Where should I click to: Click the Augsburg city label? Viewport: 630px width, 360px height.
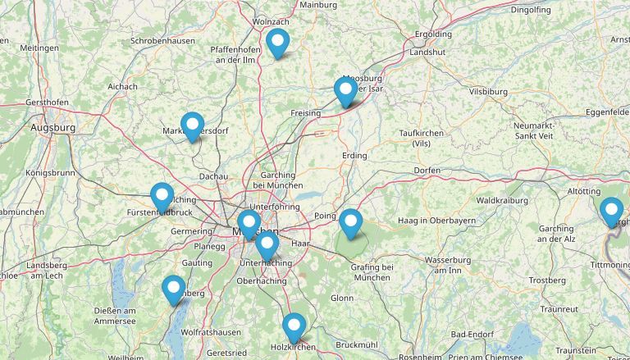tap(52, 128)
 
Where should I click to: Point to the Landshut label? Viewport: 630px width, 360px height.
tap(427, 52)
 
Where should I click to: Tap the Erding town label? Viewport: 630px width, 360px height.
tap(354, 155)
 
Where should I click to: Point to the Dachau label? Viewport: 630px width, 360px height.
tap(213, 175)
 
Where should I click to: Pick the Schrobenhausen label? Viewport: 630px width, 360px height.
tap(162, 41)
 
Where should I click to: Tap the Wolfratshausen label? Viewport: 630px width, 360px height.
tap(211, 332)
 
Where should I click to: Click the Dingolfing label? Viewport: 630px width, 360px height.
tap(531, 10)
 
